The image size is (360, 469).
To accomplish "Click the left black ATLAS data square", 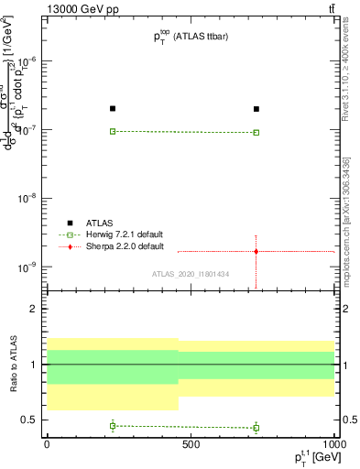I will coord(113,109).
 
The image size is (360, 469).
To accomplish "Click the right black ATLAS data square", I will coord(256,109).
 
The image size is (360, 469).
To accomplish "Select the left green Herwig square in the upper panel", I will coord(113,131).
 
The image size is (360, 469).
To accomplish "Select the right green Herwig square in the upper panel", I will coord(256,132).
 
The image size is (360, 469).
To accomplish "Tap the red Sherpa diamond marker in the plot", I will coord(256,251).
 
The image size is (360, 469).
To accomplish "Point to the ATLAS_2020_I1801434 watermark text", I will coord(191,274).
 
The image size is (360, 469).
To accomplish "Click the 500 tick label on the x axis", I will coord(191,443).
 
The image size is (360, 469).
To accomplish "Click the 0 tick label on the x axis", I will coord(47,443).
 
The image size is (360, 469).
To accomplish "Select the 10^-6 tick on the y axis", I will coord(31,60).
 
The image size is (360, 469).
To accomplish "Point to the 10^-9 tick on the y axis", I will coord(31,267).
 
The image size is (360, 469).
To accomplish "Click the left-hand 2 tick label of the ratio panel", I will coord(36,309).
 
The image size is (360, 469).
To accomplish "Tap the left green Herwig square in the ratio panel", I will coord(113,425).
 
